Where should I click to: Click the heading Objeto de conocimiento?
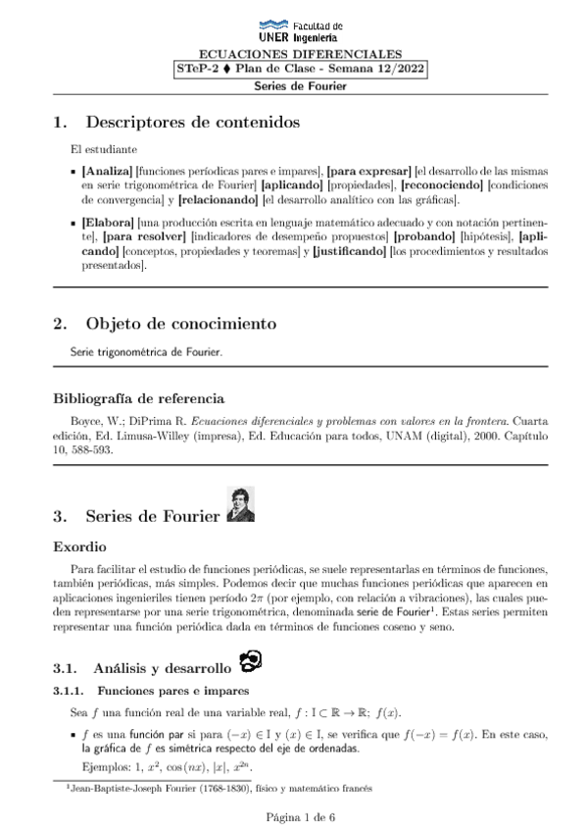(180, 323)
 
